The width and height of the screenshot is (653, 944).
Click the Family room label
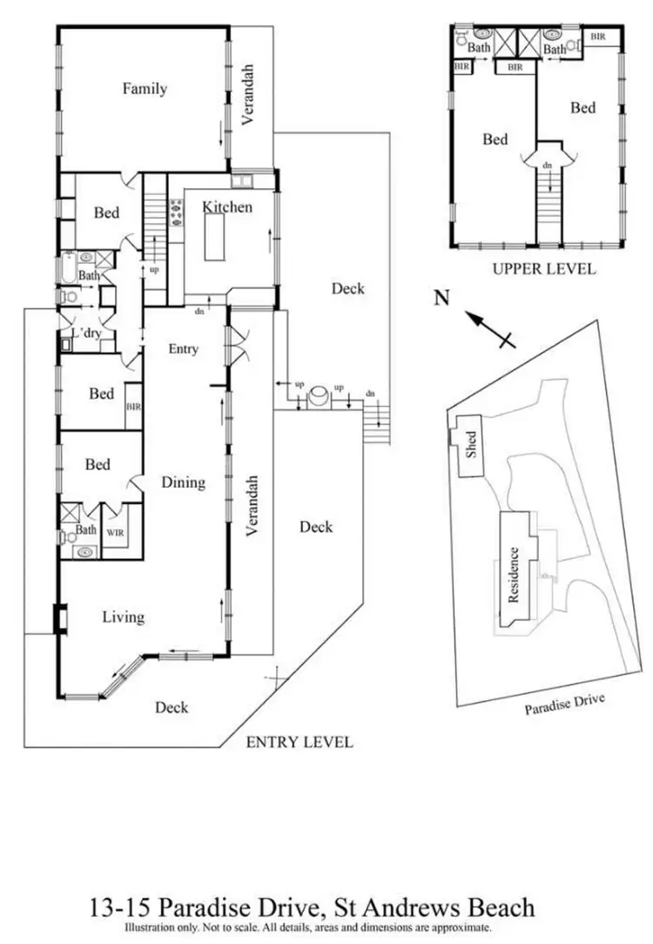coord(145,88)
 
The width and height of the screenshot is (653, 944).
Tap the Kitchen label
coord(227,206)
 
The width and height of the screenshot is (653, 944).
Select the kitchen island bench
coord(213,238)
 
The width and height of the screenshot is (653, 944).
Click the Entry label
coord(184,349)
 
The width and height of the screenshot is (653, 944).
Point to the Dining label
coord(183,482)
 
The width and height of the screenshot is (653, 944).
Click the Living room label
coord(123,617)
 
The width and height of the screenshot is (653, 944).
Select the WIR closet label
coord(115,530)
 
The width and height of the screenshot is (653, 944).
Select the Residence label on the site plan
coord(514,575)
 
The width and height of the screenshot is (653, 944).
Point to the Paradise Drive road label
coord(563,704)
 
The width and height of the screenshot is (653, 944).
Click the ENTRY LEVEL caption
coord(300,742)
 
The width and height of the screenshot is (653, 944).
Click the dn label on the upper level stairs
coord(548,165)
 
